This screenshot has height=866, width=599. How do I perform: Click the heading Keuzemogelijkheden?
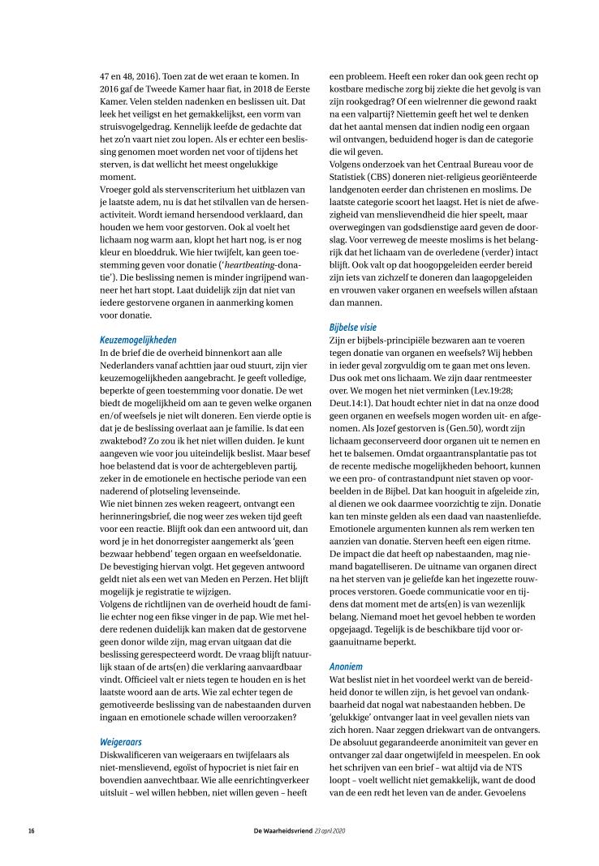pyautogui.click(x=138, y=340)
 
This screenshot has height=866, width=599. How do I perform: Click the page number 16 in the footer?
pyautogui.click(x=31, y=831)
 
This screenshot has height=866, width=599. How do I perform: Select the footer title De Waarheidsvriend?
pyautogui.click(x=287, y=831)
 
